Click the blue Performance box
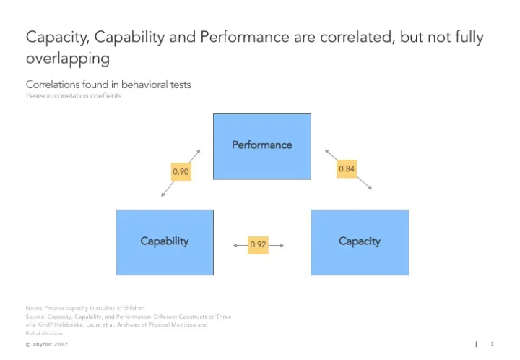pos(261,145)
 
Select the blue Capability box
pos(164,241)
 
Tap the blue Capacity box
pos(359,241)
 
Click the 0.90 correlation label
pos(181,171)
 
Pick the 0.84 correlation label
pos(347,168)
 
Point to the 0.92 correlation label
pos(258,245)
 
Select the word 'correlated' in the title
pos(349,36)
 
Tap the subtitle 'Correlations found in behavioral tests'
pos(108,85)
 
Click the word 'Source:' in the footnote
pos(36,317)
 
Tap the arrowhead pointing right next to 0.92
pos(282,245)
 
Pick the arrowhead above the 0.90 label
pos(198,151)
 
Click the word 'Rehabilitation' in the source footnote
pos(44,333)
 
